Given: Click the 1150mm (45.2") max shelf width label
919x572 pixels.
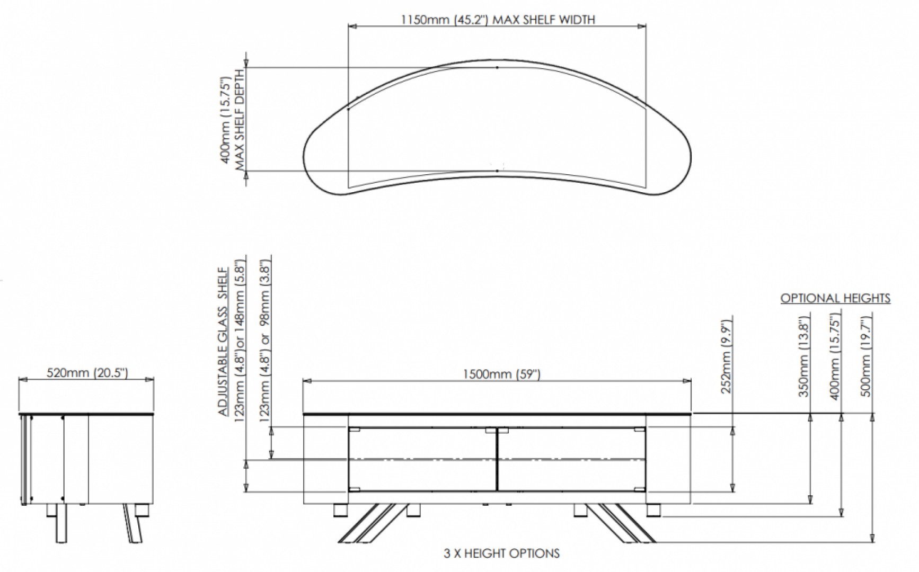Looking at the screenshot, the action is point(497,20).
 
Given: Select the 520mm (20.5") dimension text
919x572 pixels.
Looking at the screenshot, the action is point(87,373).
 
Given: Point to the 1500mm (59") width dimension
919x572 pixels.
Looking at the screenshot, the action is point(501,374).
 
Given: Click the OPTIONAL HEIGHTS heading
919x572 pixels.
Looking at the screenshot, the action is point(835,299).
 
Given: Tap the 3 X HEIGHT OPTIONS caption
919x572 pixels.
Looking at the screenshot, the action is point(501,554).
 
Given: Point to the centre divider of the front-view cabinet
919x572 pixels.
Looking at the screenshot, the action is point(497,459).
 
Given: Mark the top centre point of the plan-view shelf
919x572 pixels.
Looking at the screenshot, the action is point(497,68).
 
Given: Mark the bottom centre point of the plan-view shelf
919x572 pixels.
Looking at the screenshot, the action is point(497,171).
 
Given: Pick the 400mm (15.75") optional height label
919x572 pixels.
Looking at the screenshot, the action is point(835,358).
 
